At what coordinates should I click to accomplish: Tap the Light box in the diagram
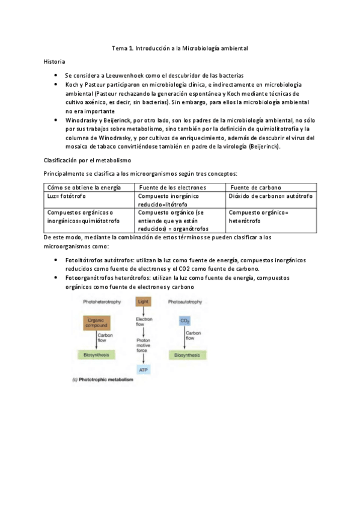(x=143, y=301)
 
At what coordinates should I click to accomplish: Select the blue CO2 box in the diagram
(x=185, y=322)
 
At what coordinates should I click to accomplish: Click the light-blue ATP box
(x=143, y=369)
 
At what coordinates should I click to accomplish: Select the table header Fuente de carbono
(x=255, y=187)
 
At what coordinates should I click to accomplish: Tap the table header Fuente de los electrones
(x=172, y=187)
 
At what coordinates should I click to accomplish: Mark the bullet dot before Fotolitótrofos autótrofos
(x=55, y=260)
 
